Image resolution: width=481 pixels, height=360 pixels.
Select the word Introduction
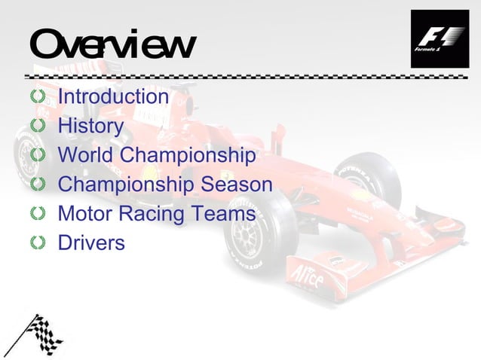pos(113,97)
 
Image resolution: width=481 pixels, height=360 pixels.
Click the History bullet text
pos(90,127)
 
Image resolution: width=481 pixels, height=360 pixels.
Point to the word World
pos(85,156)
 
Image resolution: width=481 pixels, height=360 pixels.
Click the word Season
pos(238,185)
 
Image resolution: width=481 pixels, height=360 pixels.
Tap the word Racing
pos(155,214)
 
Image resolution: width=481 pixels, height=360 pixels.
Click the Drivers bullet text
pos(91,243)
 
